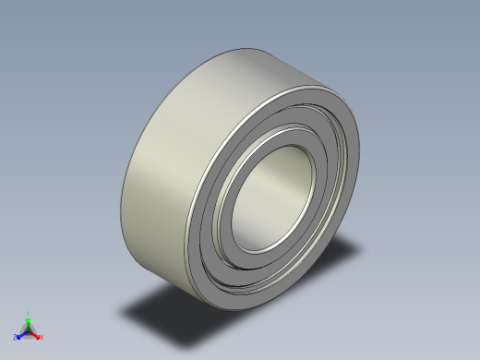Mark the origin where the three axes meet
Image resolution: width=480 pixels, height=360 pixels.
tap(29, 330)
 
